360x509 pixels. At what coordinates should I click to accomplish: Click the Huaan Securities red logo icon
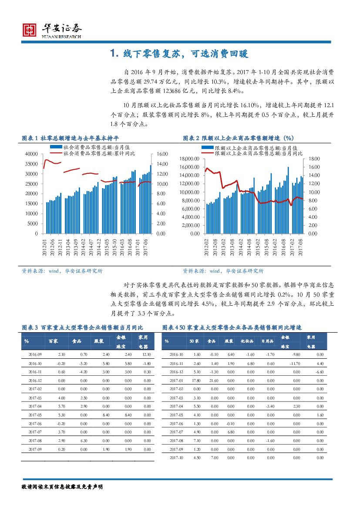click(x=30, y=30)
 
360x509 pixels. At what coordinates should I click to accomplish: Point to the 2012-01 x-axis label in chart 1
click(x=44, y=247)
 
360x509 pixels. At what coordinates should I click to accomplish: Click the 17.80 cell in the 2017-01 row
click(x=194, y=380)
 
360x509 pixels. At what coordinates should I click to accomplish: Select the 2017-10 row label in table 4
click(x=176, y=457)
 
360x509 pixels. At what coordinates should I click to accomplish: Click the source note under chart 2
click(x=223, y=271)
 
